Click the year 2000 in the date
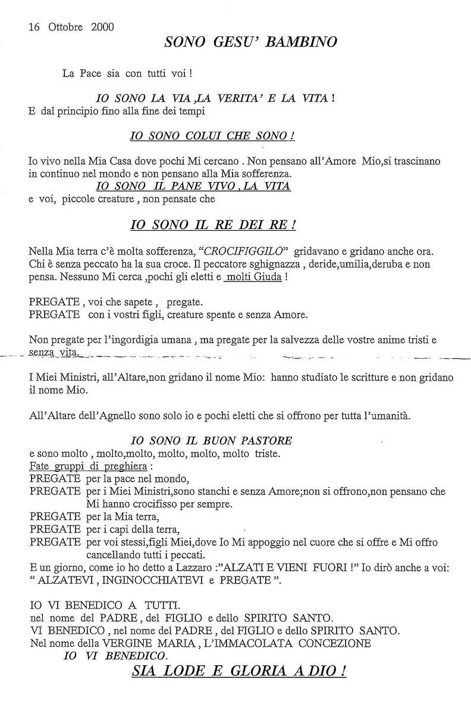pyautogui.click(x=103, y=27)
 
